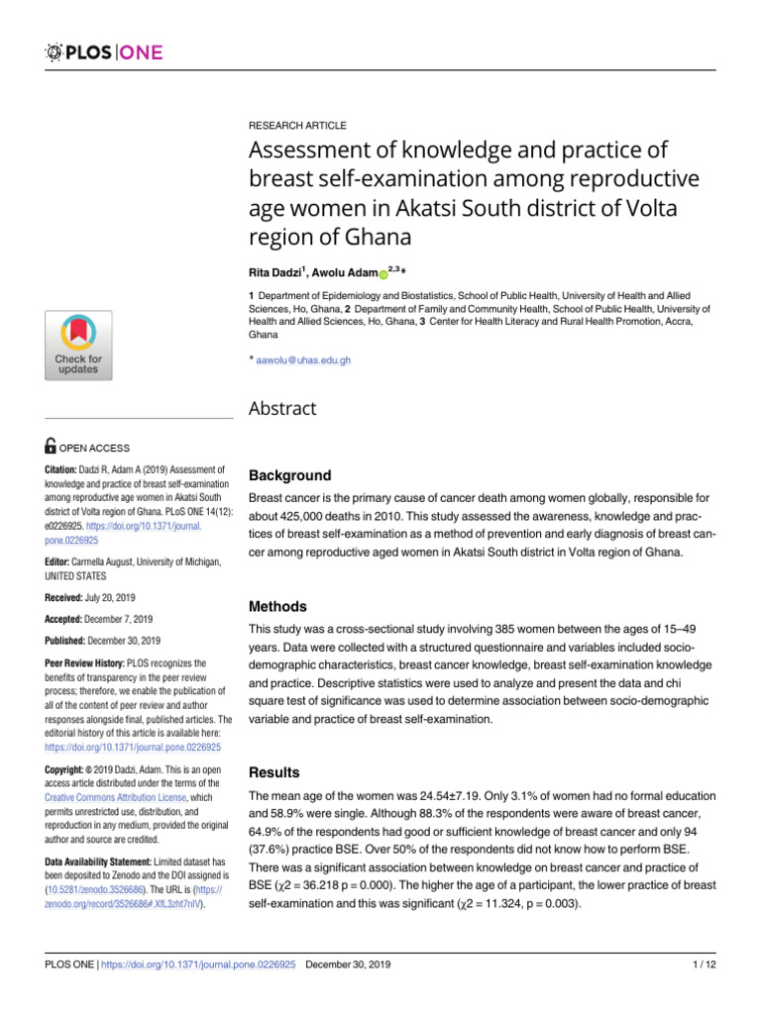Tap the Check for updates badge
(77, 345)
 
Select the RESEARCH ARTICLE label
(297, 126)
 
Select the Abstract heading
(282, 409)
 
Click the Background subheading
(289, 475)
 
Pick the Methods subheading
(277, 606)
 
